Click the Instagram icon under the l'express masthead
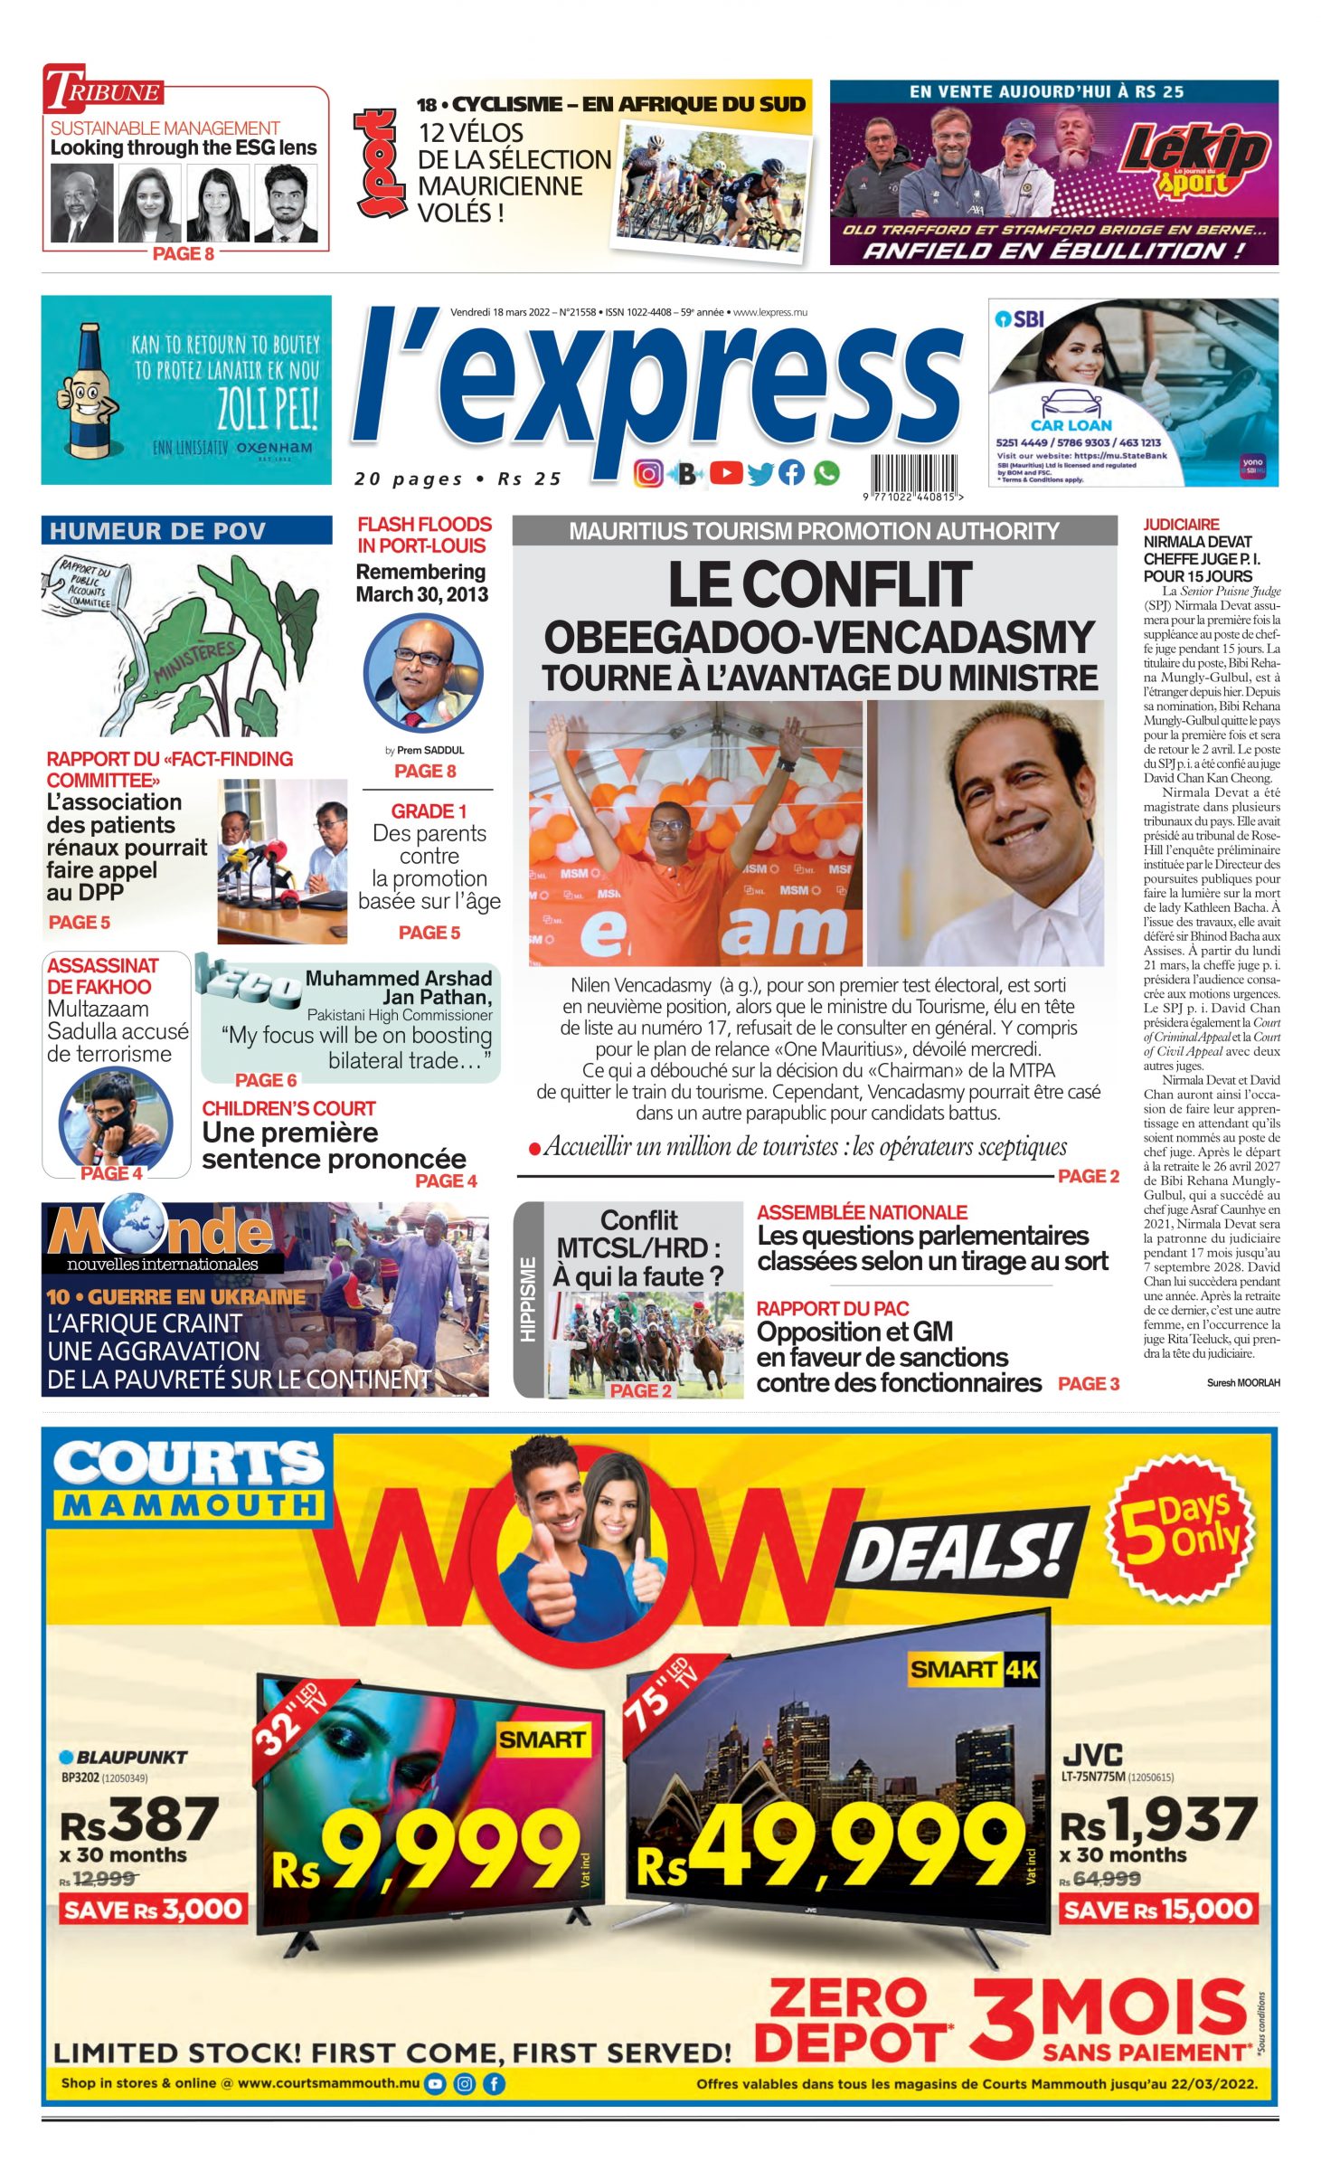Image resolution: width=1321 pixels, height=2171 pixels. [x=647, y=473]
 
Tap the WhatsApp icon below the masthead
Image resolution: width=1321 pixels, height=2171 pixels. [x=826, y=473]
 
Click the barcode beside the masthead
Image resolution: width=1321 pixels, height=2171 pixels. [x=913, y=474]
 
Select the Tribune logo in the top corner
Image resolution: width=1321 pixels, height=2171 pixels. [x=105, y=90]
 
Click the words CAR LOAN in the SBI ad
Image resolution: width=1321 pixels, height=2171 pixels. [x=1071, y=424]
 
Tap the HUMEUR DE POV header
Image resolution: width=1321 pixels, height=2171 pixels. [x=158, y=531]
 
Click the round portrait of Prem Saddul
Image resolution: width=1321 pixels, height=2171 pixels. [x=423, y=674]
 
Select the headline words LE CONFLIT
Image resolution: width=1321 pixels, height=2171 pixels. [x=819, y=584]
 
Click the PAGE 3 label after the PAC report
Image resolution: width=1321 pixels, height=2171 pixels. [x=1089, y=1383]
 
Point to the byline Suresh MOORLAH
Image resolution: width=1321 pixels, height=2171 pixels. [x=1242, y=1383]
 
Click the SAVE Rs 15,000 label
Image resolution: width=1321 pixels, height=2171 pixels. [x=1157, y=1909]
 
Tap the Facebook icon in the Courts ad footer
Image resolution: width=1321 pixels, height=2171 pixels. [x=494, y=2083]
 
